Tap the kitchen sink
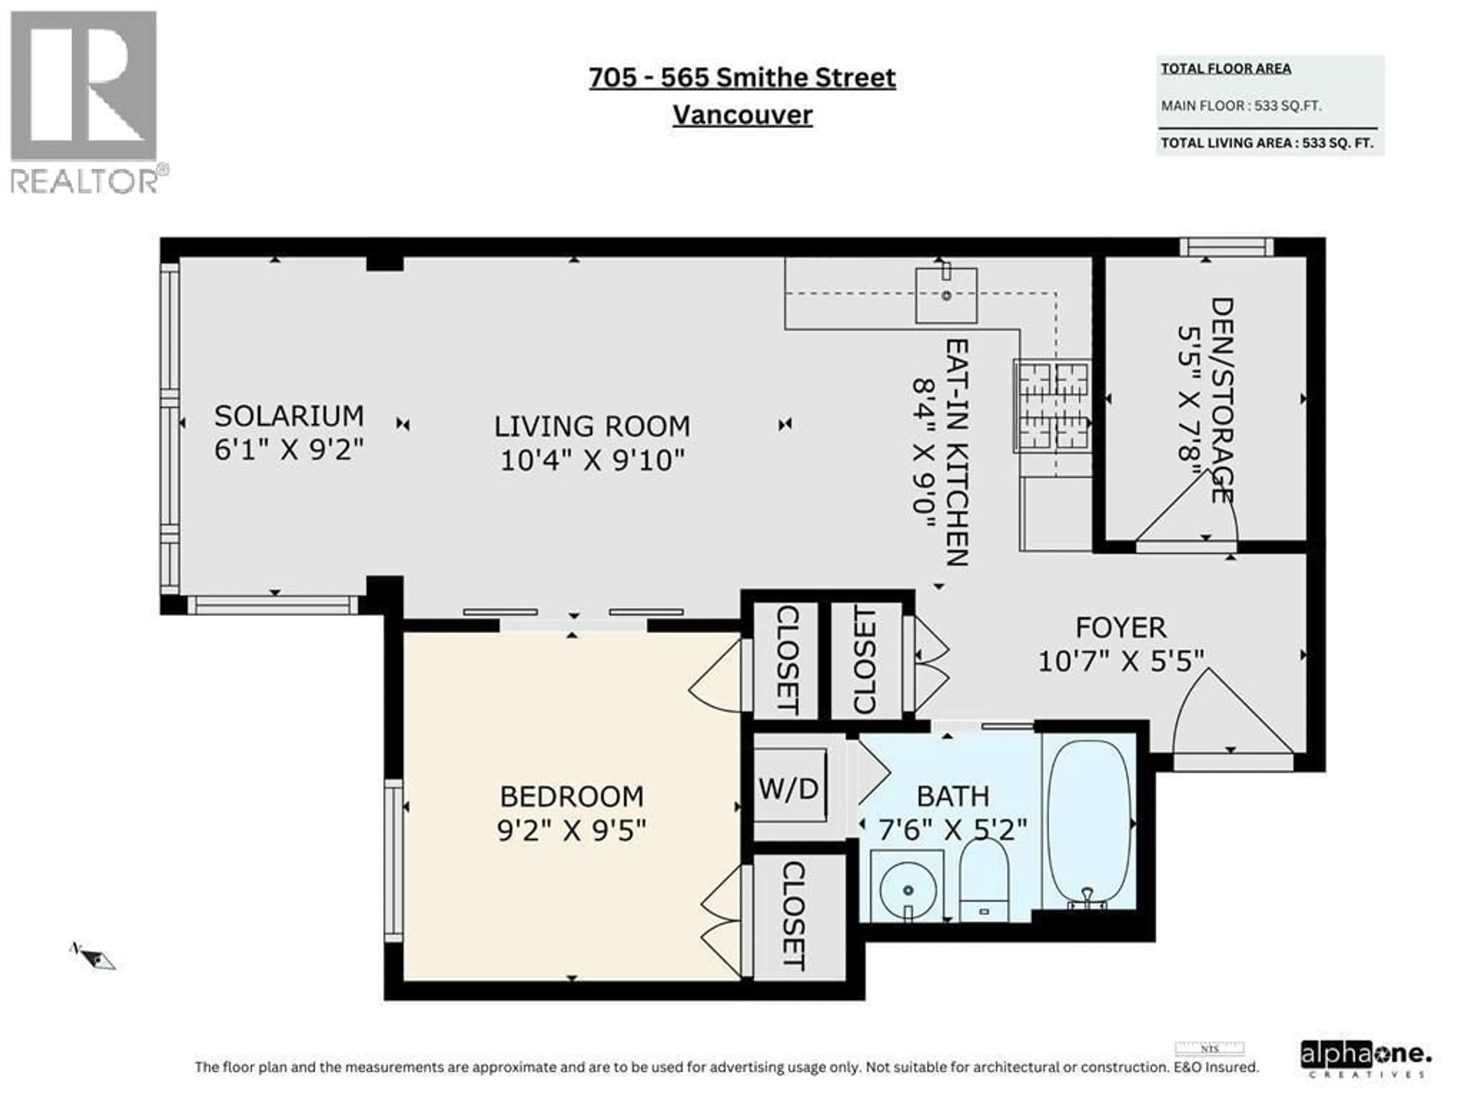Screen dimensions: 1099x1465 (x=946, y=295)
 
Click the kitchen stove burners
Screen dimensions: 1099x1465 (x=1052, y=405)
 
